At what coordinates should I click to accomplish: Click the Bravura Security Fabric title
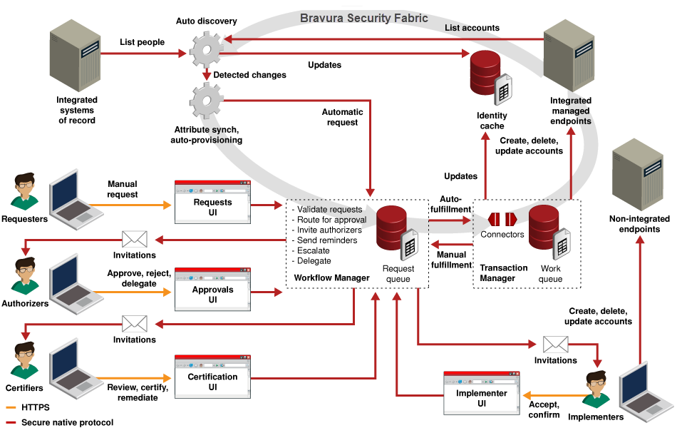(x=363, y=18)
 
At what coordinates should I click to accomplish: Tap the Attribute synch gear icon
(x=207, y=101)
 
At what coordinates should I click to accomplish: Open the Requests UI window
(x=212, y=202)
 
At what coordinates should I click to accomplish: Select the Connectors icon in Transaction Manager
(x=502, y=219)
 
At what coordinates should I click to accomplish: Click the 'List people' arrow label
(x=142, y=42)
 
